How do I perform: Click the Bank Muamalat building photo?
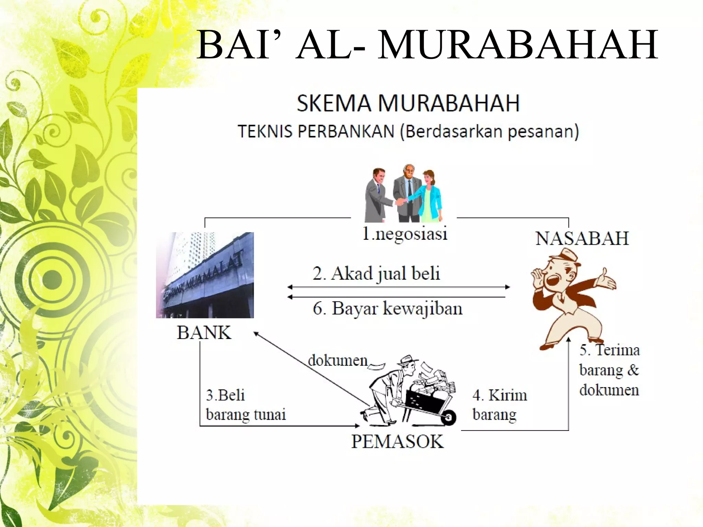[x=205, y=275]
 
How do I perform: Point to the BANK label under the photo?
[x=204, y=332]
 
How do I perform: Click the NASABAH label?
[x=582, y=238]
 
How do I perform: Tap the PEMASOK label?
[x=397, y=441]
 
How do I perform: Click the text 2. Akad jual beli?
[x=376, y=274]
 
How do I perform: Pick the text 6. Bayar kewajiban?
[x=388, y=308]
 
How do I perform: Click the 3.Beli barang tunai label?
[x=245, y=405]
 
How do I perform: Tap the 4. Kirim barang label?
[x=499, y=405]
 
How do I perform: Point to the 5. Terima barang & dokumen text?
[x=609, y=370]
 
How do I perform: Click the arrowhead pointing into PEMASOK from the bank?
[x=357, y=426]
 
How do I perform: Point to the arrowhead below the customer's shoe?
[x=568, y=340]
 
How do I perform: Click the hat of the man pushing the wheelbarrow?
[x=407, y=360]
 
